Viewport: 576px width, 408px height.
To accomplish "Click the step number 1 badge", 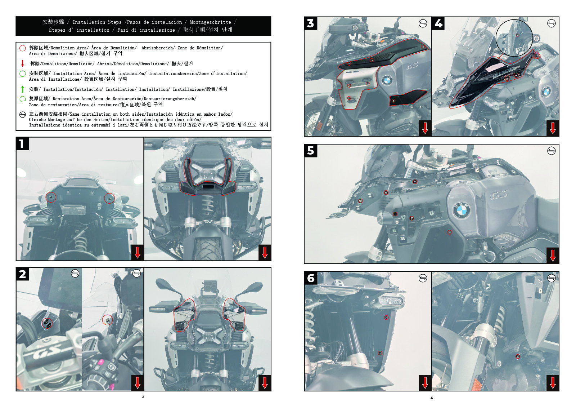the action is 23,144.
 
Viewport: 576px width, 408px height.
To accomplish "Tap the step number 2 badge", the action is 23,274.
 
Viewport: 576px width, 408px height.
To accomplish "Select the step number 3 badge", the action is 311,23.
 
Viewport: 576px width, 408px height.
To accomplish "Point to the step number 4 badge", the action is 438,23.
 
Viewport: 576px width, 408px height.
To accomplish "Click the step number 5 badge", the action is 311,151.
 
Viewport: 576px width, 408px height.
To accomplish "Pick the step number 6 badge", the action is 311,278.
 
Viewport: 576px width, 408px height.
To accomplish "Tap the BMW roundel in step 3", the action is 387,80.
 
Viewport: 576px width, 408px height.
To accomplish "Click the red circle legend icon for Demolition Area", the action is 23,48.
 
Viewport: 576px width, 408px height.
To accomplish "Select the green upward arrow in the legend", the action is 23,89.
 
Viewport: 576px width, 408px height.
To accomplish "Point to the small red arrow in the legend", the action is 23,63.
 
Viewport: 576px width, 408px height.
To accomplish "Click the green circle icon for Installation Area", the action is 23,74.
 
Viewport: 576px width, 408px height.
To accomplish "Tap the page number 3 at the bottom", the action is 143,396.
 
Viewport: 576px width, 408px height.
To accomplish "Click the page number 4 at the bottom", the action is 432,398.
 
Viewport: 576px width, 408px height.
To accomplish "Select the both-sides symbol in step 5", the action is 551,151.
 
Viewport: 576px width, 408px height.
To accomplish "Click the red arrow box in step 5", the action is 553,256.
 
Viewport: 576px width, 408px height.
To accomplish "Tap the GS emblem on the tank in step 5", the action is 499,195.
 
